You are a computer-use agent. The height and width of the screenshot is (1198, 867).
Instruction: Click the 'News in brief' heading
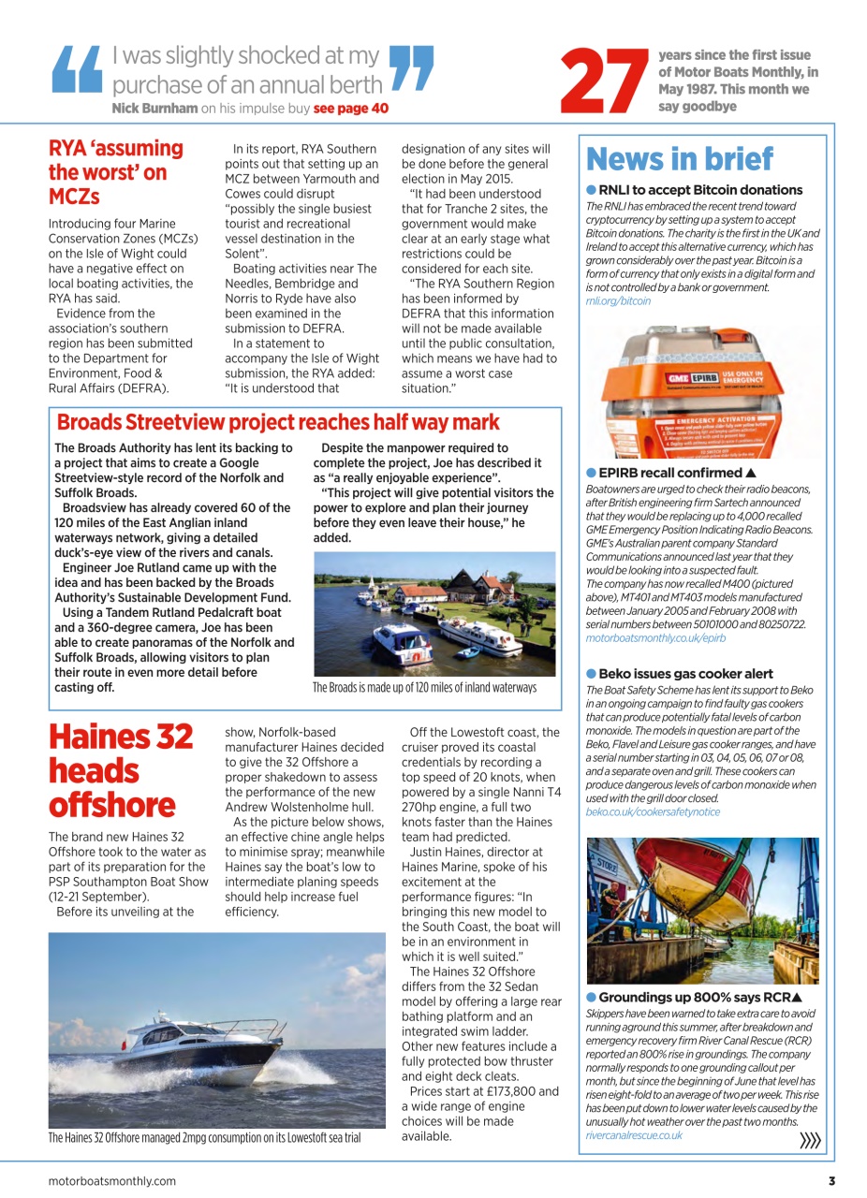(680, 160)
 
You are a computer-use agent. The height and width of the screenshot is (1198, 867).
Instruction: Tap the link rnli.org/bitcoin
(618, 301)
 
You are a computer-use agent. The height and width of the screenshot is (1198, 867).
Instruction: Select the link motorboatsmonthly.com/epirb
(655, 637)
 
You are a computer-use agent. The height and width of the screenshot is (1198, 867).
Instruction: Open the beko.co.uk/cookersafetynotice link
(653, 811)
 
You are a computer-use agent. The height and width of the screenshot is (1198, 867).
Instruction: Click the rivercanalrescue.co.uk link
(634, 1135)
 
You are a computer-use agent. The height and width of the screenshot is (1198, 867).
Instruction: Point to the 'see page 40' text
(350, 109)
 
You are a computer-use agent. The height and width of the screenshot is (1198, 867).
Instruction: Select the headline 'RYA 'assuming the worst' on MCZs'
(115, 173)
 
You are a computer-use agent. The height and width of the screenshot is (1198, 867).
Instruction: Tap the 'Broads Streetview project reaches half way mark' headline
(278, 422)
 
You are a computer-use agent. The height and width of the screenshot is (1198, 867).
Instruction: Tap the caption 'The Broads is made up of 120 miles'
(424, 688)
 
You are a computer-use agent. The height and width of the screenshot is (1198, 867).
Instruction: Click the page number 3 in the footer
(830, 1181)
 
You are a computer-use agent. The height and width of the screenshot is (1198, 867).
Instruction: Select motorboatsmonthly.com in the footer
(111, 1181)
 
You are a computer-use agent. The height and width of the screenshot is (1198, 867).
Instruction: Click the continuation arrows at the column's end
(810, 1140)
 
